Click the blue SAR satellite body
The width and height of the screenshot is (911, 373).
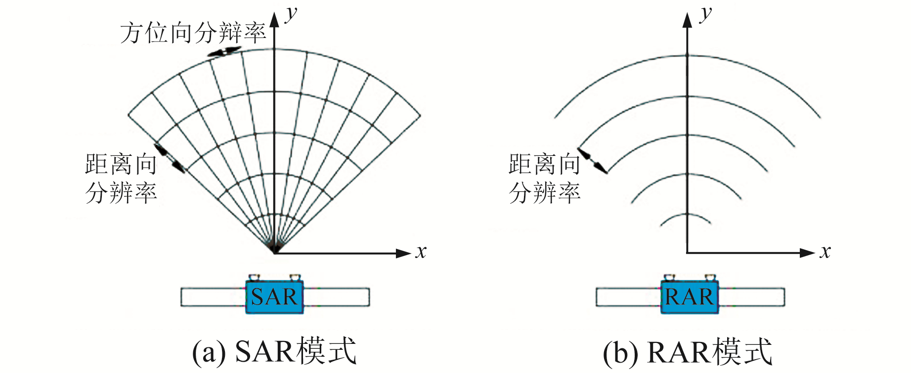click(x=274, y=297)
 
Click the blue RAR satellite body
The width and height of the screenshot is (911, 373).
click(x=689, y=297)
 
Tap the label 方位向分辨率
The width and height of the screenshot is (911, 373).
click(x=193, y=33)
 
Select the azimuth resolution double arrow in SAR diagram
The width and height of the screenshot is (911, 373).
click(x=224, y=51)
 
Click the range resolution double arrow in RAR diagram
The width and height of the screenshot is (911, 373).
click(x=593, y=161)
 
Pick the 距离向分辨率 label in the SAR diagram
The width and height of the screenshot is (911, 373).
click(x=121, y=178)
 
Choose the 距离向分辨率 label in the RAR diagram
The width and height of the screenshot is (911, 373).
click(x=545, y=178)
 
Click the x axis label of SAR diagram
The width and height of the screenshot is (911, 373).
click(x=421, y=252)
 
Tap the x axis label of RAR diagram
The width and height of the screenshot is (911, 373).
click(x=825, y=252)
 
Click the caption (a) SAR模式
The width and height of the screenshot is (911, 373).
click(x=274, y=352)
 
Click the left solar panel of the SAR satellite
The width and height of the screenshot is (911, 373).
click(x=213, y=297)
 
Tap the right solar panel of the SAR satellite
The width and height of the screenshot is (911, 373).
click(x=336, y=297)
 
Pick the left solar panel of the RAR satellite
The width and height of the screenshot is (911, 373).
click(x=628, y=297)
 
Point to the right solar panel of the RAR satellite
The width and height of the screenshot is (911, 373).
click(x=751, y=297)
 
